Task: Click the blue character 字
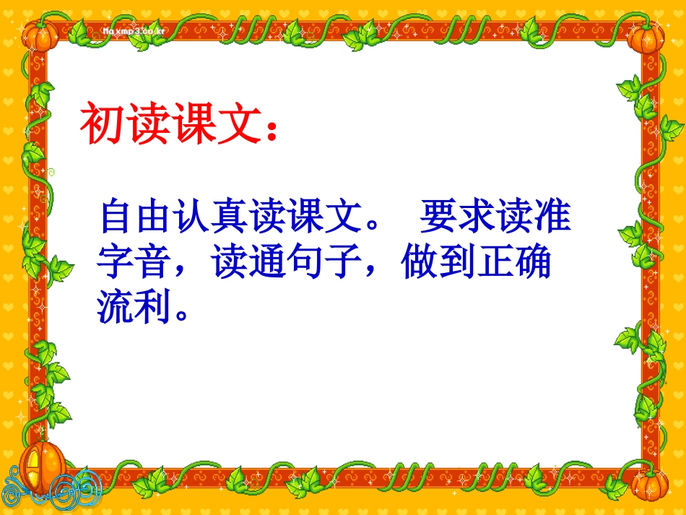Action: tap(118, 262)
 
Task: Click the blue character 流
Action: tap(118, 307)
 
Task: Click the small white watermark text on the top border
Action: tap(134, 32)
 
